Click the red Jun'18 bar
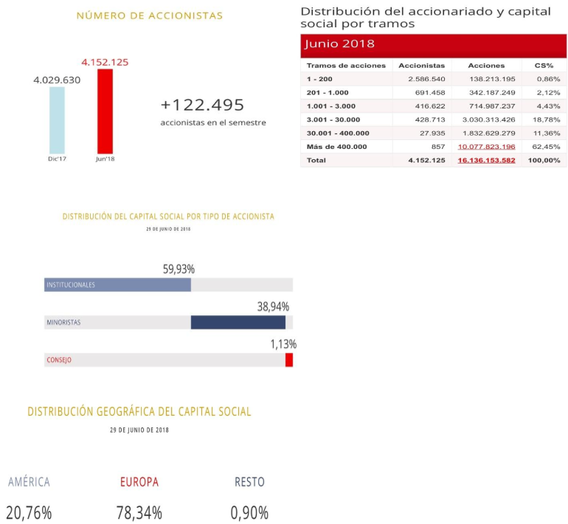[x=105, y=111]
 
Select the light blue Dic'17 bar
[x=57, y=119]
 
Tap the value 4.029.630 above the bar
[x=57, y=80]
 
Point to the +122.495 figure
[x=202, y=105]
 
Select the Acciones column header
[x=485, y=66]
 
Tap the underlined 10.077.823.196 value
[x=486, y=147]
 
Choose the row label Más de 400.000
[x=336, y=147]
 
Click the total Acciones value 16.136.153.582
[x=486, y=161]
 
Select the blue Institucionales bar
[x=117, y=284]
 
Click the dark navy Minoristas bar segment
[x=238, y=322]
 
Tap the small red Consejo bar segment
[x=289, y=360]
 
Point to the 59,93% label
[x=179, y=269]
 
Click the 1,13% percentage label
[x=283, y=344]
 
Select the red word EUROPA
[x=139, y=482]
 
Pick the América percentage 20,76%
[x=29, y=513]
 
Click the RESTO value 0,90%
[x=249, y=513]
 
